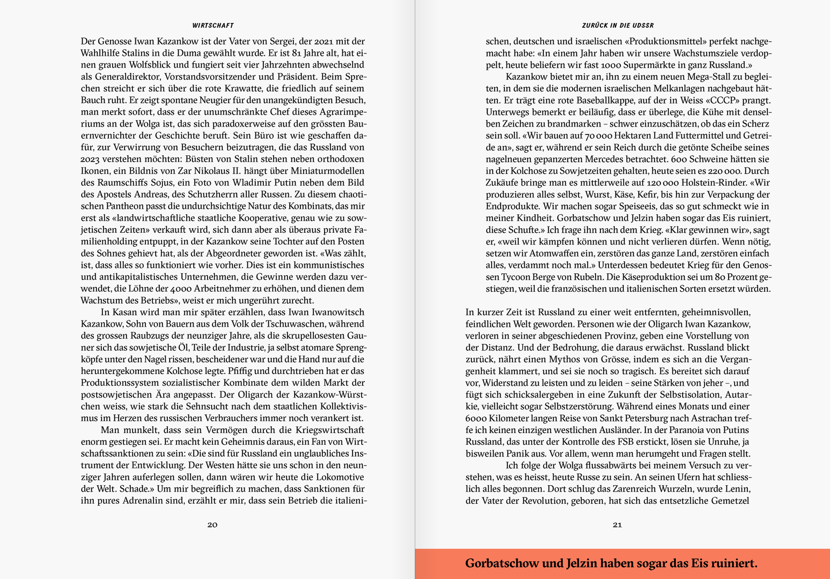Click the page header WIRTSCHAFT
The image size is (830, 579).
coord(213,25)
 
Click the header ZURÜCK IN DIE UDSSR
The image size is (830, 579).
coord(617,25)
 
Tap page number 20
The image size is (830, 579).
coord(213,525)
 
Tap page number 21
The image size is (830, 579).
coord(617,525)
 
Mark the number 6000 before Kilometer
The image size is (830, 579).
coord(476,418)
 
